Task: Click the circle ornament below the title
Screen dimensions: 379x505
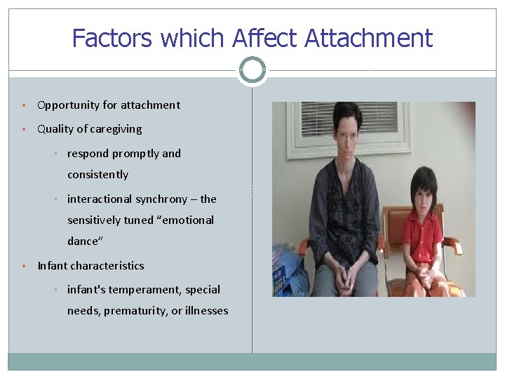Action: pyautogui.click(x=252, y=70)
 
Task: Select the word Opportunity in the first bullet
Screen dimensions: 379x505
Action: pyautogui.click(x=68, y=105)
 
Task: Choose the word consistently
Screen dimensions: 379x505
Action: pyautogui.click(x=97, y=175)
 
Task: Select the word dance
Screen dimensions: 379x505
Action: pyautogui.click(x=83, y=241)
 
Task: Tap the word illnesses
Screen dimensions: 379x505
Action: pyautogui.click(x=206, y=311)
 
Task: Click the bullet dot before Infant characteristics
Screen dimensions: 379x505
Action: pyautogui.click(x=24, y=266)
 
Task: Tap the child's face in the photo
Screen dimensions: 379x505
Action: pyautogui.click(x=422, y=191)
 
